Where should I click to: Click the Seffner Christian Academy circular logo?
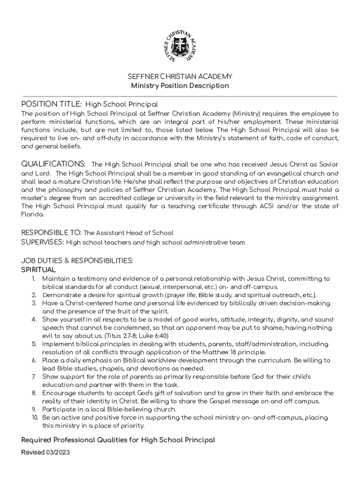pyautogui.click(x=180, y=47)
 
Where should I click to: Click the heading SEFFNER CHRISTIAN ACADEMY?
pyautogui.click(x=180, y=76)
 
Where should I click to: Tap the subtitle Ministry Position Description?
pyautogui.click(x=180, y=86)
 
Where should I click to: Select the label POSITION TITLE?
pyautogui.click(x=52, y=104)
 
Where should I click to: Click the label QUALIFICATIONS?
pyautogui.click(x=53, y=164)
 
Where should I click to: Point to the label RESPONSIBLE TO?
pyautogui.click(x=51, y=232)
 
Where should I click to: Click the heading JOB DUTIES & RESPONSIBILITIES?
pyautogui.click(x=77, y=261)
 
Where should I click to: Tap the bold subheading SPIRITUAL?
pyautogui.click(x=38, y=270)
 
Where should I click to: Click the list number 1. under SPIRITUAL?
pyautogui.click(x=34, y=279)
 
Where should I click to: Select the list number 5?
pyautogui.click(x=34, y=344)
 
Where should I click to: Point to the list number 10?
pyautogui.click(x=34, y=417)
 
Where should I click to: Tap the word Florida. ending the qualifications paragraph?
pyautogui.click(x=33, y=214)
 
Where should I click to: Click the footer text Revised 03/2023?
pyautogui.click(x=46, y=452)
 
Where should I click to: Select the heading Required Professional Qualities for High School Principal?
pyautogui.click(x=118, y=440)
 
